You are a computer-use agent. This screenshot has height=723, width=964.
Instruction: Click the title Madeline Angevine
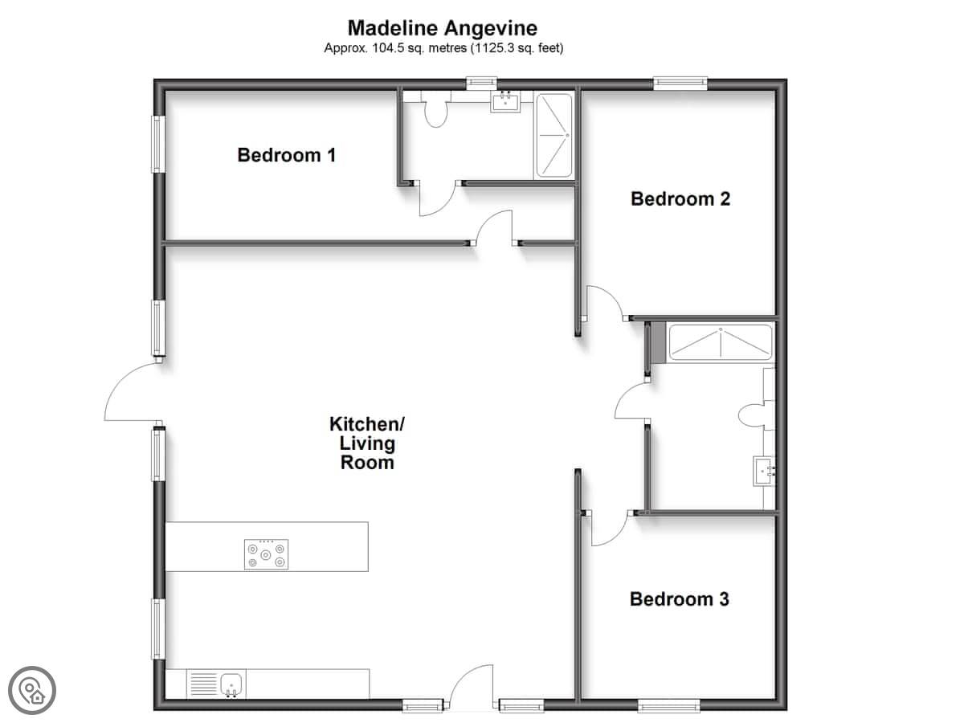click(443, 28)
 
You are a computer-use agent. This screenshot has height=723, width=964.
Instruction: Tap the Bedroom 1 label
click(286, 155)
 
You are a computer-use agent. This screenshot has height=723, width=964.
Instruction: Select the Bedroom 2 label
click(680, 199)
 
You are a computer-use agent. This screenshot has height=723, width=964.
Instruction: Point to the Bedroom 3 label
click(679, 599)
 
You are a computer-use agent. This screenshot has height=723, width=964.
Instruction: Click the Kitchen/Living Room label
click(366, 443)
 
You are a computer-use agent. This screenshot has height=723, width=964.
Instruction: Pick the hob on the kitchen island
click(266, 554)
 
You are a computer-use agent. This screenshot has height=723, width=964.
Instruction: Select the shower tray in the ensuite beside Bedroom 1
click(554, 135)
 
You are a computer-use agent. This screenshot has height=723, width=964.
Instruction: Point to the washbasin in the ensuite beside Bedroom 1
click(505, 103)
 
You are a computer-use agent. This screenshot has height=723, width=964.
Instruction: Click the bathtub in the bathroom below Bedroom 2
click(721, 342)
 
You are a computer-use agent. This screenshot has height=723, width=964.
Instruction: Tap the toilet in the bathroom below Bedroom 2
click(756, 415)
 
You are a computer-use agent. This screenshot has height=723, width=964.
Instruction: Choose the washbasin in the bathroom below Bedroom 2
click(764, 471)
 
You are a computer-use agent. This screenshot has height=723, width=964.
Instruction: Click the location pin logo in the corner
click(32, 691)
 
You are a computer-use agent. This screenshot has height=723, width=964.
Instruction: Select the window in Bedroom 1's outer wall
click(158, 144)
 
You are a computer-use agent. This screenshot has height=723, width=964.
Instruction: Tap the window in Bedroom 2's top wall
click(680, 84)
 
